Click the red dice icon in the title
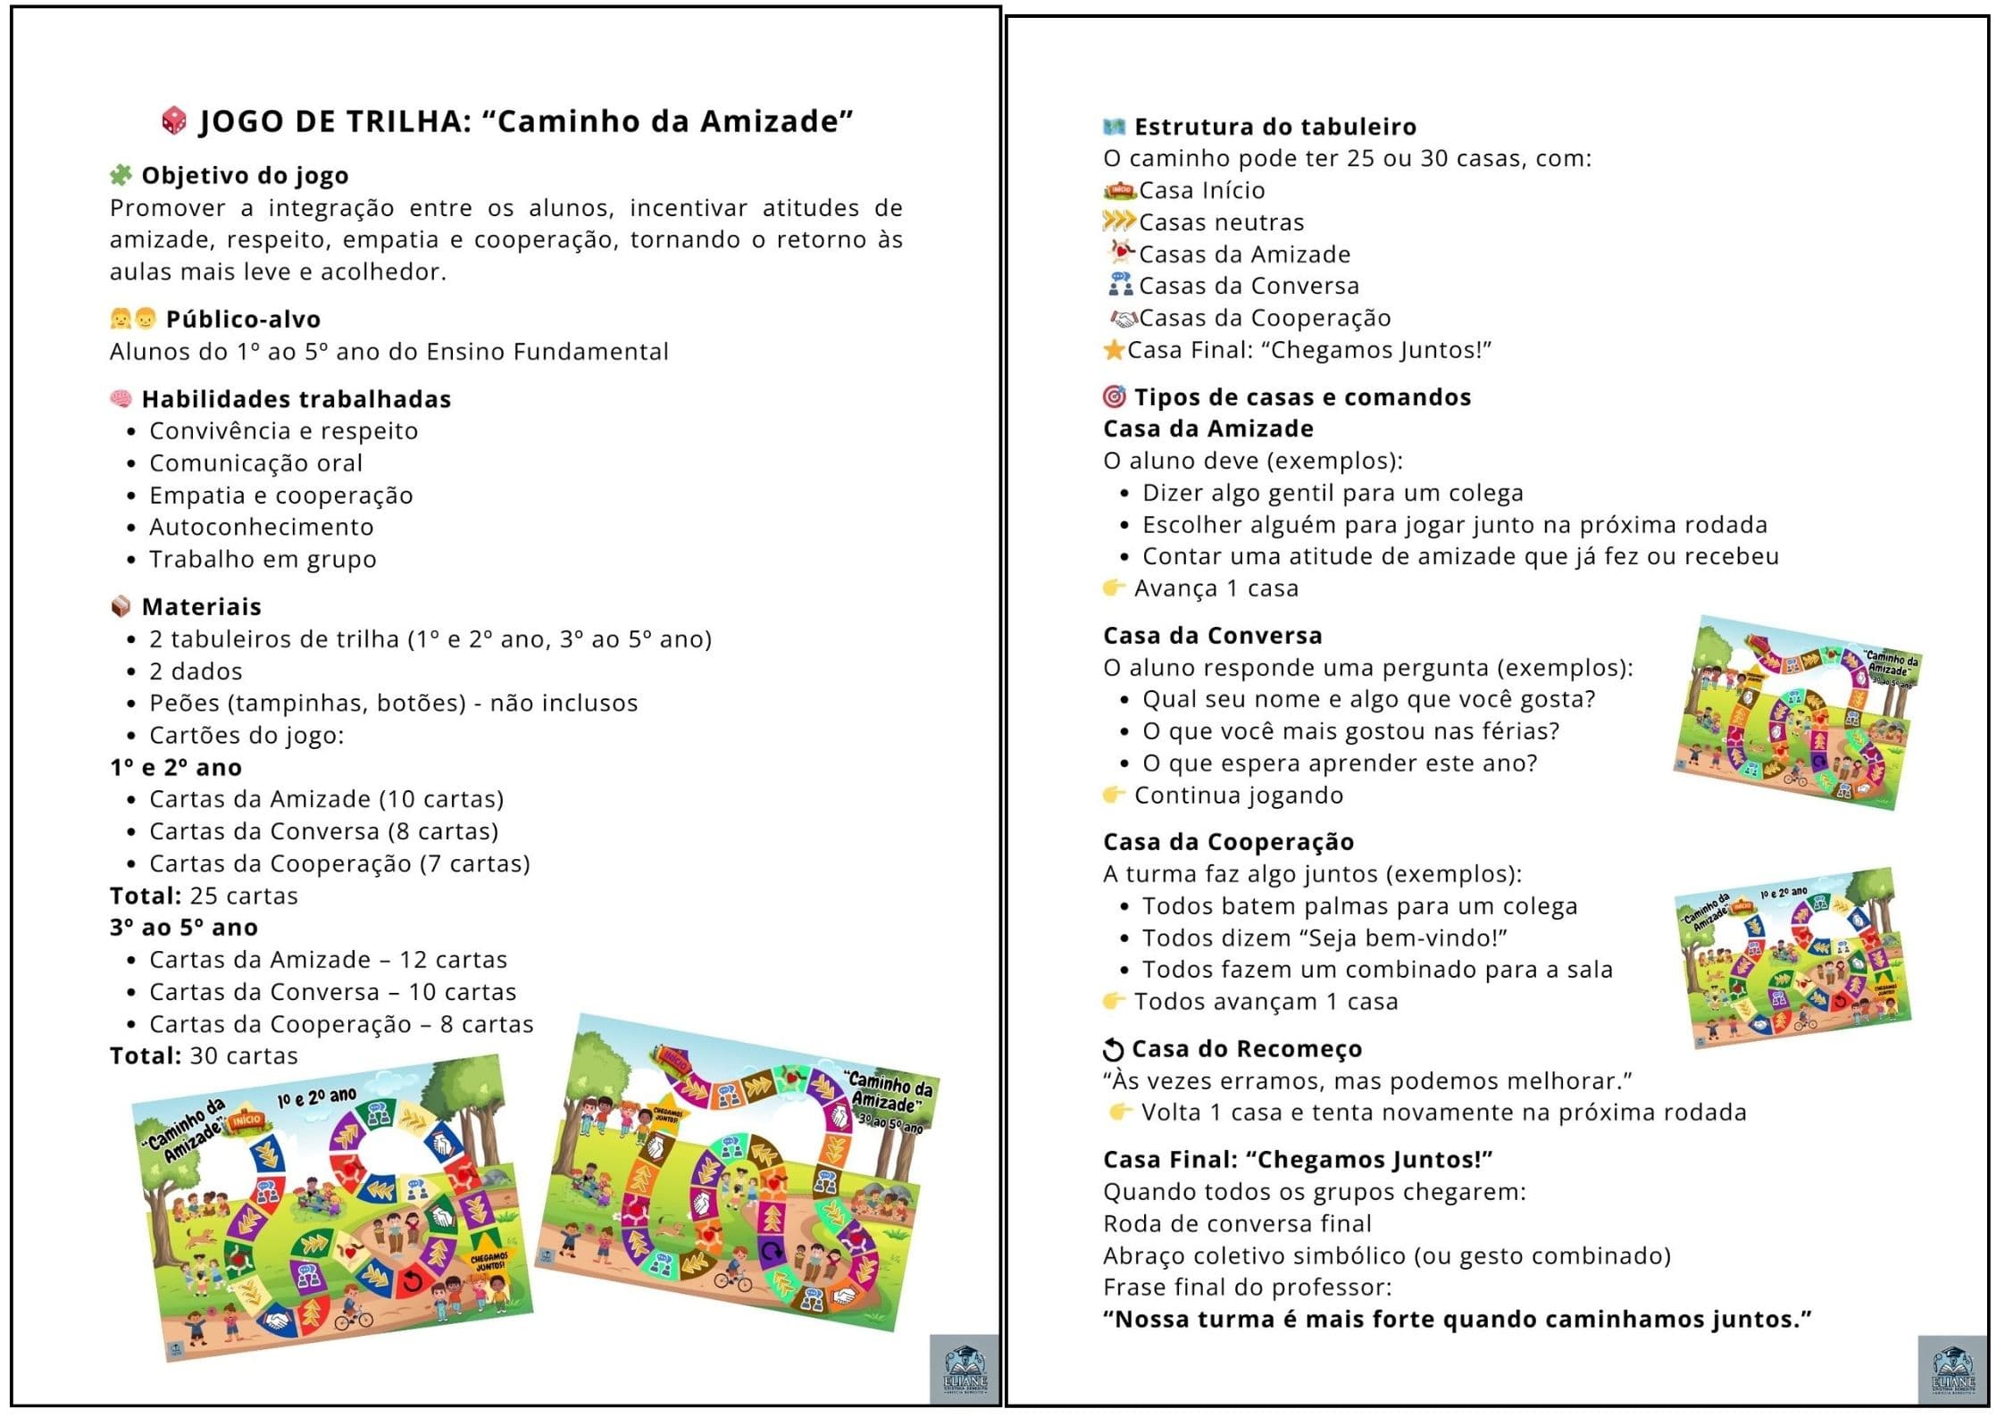point(174,121)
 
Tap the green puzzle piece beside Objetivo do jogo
point(121,175)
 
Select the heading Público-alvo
point(243,319)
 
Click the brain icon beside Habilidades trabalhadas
point(121,398)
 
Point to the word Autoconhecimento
point(261,527)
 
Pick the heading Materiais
point(201,606)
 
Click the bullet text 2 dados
point(196,671)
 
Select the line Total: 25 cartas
point(204,895)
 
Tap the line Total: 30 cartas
point(204,1055)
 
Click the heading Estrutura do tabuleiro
point(1274,127)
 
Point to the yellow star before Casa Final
point(1114,350)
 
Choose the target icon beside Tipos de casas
point(1114,396)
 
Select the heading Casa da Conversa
point(1212,635)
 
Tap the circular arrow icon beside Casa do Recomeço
point(1113,1049)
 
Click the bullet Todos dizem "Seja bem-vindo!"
point(1324,938)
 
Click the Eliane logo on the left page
point(965,1370)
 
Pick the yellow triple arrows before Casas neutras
point(1119,221)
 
